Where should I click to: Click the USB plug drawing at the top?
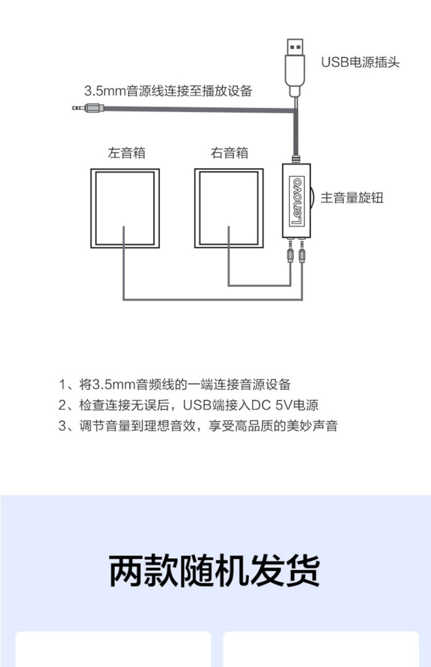pyautogui.click(x=295, y=66)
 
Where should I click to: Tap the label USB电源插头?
pyautogui.click(x=360, y=62)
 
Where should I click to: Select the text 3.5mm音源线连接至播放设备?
pyautogui.click(x=168, y=91)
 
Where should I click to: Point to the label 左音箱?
pyautogui.click(x=126, y=153)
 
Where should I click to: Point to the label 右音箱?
pyautogui.click(x=229, y=153)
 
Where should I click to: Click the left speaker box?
pyautogui.click(x=125, y=208)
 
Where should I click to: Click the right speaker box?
pyautogui.click(x=229, y=208)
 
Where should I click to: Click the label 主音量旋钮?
pyautogui.click(x=352, y=198)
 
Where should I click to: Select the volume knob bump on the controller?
pyautogui.click(x=313, y=198)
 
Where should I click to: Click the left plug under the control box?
pyautogui.click(x=290, y=252)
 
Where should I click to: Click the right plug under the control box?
pyautogui.click(x=302, y=252)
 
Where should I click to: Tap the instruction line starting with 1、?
pyautogui.click(x=175, y=385)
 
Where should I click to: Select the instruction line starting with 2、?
pyautogui.click(x=188, y=405)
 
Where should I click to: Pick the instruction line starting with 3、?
pyautogui.click(x=198, y=426)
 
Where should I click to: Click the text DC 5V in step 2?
pyautogui.click(x=272, y=405)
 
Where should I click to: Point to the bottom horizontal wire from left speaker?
pyautogui.click(x=213, y=300)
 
